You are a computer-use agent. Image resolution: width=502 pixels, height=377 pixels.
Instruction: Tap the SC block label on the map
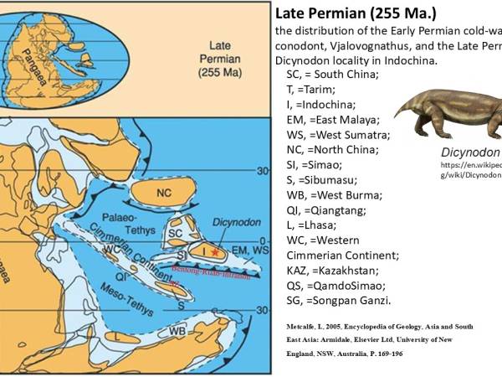[x=176, y=231]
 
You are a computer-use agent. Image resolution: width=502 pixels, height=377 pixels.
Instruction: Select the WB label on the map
[x=178, y=330]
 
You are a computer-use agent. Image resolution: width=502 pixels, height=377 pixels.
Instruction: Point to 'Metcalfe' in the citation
[x=295, y=323]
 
